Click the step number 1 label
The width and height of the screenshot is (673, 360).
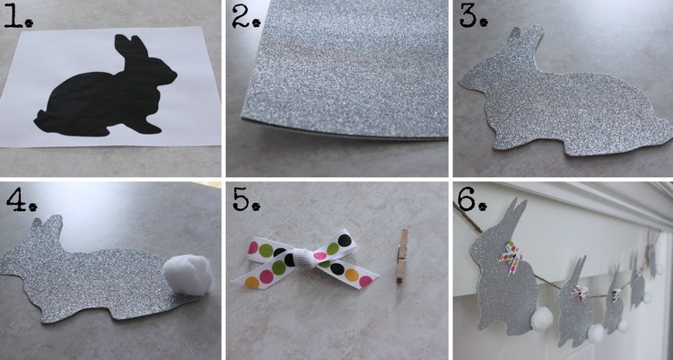pyautogui.click(x=19, y=16)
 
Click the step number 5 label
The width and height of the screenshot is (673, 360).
pyautogui.click(x=247, y=199)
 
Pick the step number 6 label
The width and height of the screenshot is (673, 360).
pyautogui.click(x=472, y=199)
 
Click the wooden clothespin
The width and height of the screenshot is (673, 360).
pyautogui.click(x=402, y=256)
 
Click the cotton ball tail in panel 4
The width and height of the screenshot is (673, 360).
pyautogui.click(x=188, y=274)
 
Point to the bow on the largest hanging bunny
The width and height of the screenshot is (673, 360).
pyautogui.click(x=511, y=257)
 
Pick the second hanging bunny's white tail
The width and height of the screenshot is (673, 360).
pyautogui.click(x=596, y=333)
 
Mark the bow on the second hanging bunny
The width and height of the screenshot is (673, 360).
pyautogui.click(x=579, y=293)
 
